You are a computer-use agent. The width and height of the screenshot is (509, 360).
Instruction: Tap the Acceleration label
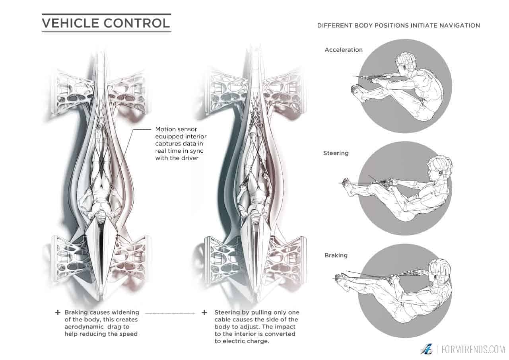click(x=344, y=50)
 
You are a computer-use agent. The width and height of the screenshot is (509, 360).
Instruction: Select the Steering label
click(x=336, y=153)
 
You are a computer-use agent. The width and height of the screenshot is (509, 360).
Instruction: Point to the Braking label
click(x=336, y=255)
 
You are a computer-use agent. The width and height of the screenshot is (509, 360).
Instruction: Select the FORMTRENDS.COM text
click(x=473, y=350)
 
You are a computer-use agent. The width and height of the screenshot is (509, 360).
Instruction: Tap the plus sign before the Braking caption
click(x=58, y=313)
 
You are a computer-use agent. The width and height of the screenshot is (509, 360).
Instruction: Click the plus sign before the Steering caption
click(x=204, y=313)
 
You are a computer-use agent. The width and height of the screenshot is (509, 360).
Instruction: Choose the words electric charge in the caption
click(x=243, y=341)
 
